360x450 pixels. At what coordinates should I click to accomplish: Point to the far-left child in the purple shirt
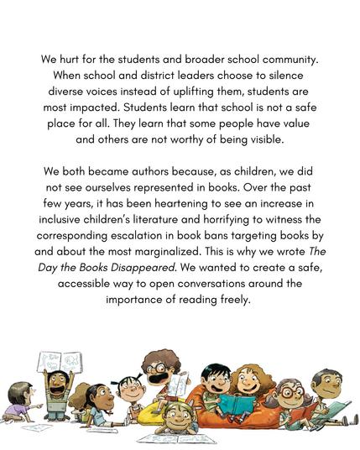coord(18,404)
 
